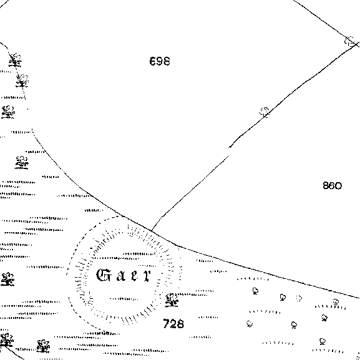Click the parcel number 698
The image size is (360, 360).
[160, 61]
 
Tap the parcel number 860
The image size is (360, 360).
[332, 185]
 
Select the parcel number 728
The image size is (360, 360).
[173, 324]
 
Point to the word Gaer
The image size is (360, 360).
[124, 275]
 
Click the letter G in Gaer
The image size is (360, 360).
[103, 275]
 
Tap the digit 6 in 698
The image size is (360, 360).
[153, 61]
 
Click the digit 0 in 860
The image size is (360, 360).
[338, 186]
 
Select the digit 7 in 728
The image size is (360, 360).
[167, 324]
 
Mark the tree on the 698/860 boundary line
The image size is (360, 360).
[265, 112]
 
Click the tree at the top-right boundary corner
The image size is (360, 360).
[350, 41]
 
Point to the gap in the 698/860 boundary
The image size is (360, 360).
[229, 152]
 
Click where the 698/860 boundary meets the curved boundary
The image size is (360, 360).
[152, 230]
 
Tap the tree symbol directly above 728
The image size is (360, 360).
[172, 300]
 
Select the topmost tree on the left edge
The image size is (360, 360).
[15, 60]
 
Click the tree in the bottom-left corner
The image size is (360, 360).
[6, 340]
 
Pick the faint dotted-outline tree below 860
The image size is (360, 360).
[299, 298]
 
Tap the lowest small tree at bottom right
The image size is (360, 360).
[323, 341]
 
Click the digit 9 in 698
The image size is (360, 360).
[160, 61]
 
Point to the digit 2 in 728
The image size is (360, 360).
[173, 324]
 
